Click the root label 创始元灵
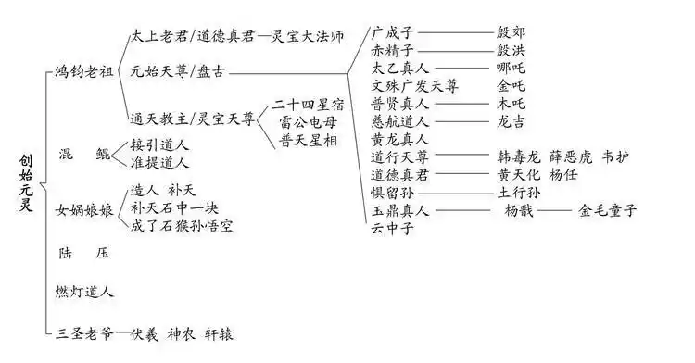coord(25,183)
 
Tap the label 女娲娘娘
coord(84,210)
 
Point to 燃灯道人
coord(84,292)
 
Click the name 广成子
coord(393,31)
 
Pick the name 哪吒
coord(512,69)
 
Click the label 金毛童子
coord(608,210)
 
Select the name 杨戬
coord(519,210)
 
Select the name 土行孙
coord(518,193)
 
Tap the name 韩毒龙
coord(519,157)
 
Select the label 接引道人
coord(159,144)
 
